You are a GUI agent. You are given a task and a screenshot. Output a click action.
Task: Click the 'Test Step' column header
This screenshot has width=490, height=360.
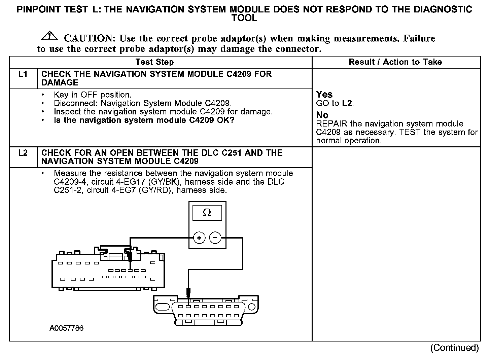click(x=154, y=62)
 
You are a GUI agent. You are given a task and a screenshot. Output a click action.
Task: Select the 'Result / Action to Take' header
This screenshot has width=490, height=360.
click(x=395, y=62)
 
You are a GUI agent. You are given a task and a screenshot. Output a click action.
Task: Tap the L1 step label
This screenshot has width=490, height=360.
click(x=23, y=74)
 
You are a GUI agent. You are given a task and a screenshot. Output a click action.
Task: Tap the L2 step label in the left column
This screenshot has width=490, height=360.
click(x=23, y=153)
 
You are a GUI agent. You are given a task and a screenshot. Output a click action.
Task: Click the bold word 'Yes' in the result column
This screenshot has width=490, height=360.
click(x=324, y=95)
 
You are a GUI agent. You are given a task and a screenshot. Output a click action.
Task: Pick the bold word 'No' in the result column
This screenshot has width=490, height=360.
click(x=322, y=115)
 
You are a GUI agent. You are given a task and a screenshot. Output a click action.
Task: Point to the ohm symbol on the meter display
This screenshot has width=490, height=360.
click(x=207, y=213)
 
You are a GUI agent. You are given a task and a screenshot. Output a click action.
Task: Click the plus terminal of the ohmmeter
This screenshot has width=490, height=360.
click(x=199, y=238)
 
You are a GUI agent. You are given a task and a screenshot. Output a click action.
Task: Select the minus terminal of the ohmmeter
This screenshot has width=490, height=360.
click(x=215, y=238)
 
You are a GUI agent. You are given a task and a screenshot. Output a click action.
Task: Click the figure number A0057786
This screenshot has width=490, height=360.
click(x=67, y=328)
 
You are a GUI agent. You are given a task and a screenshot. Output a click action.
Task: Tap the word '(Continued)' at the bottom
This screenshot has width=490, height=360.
click(x=454, y=348)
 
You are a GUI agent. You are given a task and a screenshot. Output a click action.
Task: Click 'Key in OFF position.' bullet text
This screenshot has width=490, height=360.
click(x=93, y=95)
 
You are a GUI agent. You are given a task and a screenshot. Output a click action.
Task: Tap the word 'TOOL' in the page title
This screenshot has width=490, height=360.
click(x=245, y=18)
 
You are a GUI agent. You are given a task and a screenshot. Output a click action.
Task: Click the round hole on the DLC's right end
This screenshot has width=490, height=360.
click(x=251, y=307)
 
